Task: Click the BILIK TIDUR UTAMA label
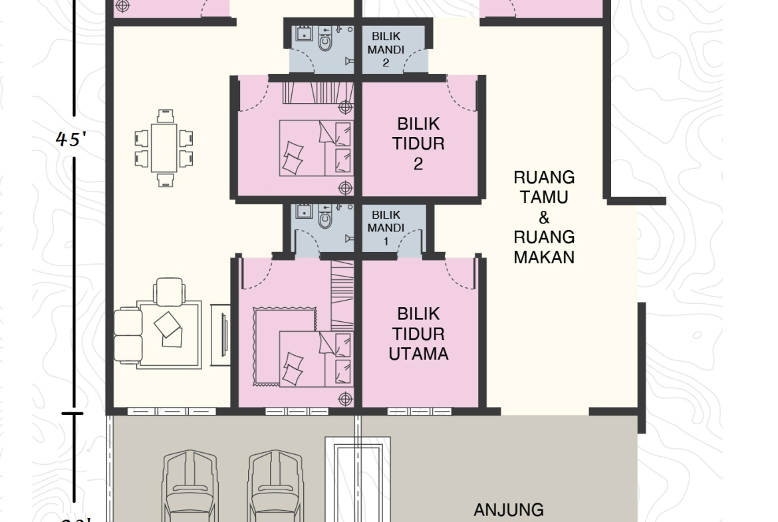[x=418, y=334]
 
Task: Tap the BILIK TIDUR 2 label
[x=418, y=144]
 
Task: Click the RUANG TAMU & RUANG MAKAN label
[x=544, y=217]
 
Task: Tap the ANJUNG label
[x=509, y=510]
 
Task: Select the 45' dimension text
[x=72, y=139]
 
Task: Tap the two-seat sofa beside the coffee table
[x=128, y=334]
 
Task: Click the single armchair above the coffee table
[x=168, y=291]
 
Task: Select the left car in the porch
[x=190, y=485]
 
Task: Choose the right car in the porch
[x=275, y=485]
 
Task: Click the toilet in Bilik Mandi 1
[x=325, y=219]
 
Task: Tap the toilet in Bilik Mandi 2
[x=325, y=41]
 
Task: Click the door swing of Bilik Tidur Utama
[x=460, y=273]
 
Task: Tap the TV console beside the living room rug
[x=220, y=334]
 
